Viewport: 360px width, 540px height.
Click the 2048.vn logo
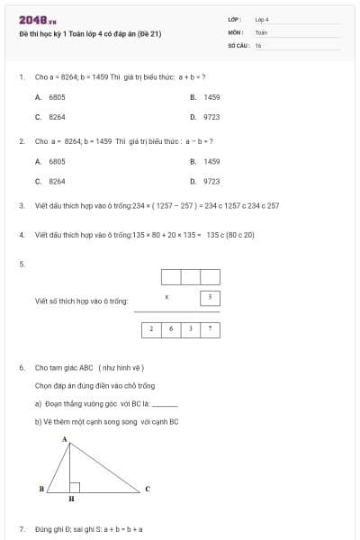(x=37, y=21)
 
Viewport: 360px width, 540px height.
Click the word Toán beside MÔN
(x=261, y=31)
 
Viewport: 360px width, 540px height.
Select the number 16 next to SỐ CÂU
(x=258, y=44)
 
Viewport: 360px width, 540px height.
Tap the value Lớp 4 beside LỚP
(x=262, y=19)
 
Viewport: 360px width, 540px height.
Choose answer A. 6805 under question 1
(x=50, y=96)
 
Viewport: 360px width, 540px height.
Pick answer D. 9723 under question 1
(x=205, y=116)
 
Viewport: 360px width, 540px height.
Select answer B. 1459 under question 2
(x=205, y=161)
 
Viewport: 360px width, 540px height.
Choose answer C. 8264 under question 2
(x=50, y=181)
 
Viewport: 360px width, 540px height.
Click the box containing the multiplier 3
(x=210, y=297)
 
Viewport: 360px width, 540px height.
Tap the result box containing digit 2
(x=152, y=329)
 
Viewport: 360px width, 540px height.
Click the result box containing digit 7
(x=210, y=329)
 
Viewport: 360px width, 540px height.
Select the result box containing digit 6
(x=171, y=329)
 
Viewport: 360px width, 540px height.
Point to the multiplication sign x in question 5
(x=166, y=296)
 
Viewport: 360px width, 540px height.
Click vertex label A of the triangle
(x=65, y=439)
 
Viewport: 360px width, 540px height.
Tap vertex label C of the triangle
(x=148, y=489)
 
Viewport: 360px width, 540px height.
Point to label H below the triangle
(x=72, y=498)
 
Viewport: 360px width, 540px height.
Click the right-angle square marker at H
(x=75, y=487)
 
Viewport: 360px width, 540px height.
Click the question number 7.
(x=21, y=529)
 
